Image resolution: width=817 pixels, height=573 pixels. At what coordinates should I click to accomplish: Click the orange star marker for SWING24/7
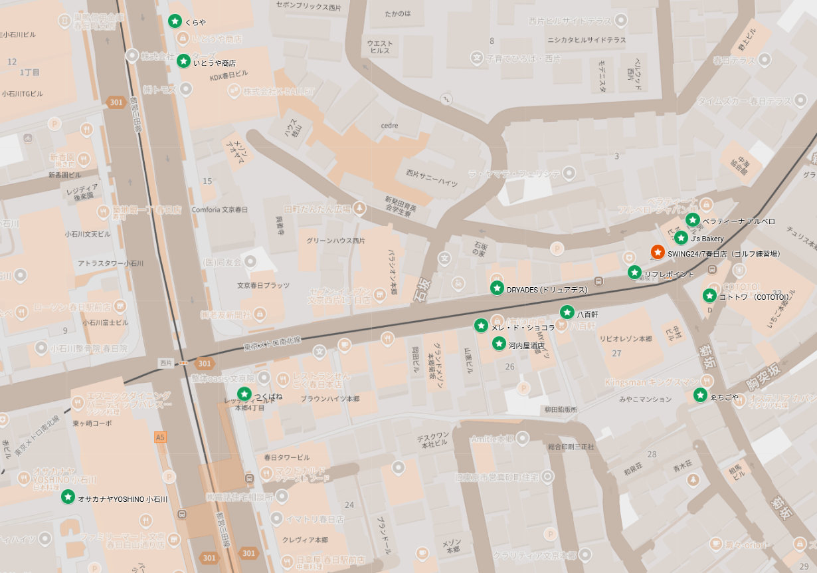coord(657,253)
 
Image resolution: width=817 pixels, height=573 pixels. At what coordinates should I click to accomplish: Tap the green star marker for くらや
coord(175,21)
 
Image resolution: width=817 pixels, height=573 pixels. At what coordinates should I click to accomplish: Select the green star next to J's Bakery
coord(681,238)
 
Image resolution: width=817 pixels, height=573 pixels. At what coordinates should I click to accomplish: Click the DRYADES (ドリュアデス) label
coord(547,290)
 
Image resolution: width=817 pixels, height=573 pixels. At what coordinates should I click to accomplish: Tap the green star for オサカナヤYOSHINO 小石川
coord(68,497)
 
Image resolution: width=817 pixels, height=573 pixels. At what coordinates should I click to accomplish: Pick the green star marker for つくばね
coord(244,394)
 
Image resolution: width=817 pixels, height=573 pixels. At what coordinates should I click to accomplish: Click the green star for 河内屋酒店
coord(499,344)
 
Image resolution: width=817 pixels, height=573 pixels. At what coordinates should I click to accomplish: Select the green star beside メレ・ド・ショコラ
coord(481,326)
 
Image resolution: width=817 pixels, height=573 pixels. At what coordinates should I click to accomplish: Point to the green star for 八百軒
coord(567,312)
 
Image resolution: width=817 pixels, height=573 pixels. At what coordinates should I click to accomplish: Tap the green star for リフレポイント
coord(634,273)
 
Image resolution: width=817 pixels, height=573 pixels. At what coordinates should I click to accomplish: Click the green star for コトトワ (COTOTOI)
coord(709,296)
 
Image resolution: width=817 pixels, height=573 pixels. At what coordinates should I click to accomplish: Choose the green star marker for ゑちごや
coord(700,396)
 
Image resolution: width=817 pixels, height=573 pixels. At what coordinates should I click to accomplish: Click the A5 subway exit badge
coord(159,437)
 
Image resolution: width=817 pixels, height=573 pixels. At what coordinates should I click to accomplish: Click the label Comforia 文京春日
coord(219,209)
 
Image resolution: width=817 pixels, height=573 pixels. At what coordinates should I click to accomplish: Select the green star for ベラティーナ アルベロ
coord(692,220)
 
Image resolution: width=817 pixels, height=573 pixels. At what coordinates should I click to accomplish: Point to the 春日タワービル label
coord(286,457)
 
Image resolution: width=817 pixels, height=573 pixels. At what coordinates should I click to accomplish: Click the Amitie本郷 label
coord(492,439)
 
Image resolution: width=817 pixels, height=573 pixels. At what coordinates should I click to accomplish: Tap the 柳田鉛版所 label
coord(561,409)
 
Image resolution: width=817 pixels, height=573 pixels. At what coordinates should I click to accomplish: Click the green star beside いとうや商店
coord(183,61)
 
